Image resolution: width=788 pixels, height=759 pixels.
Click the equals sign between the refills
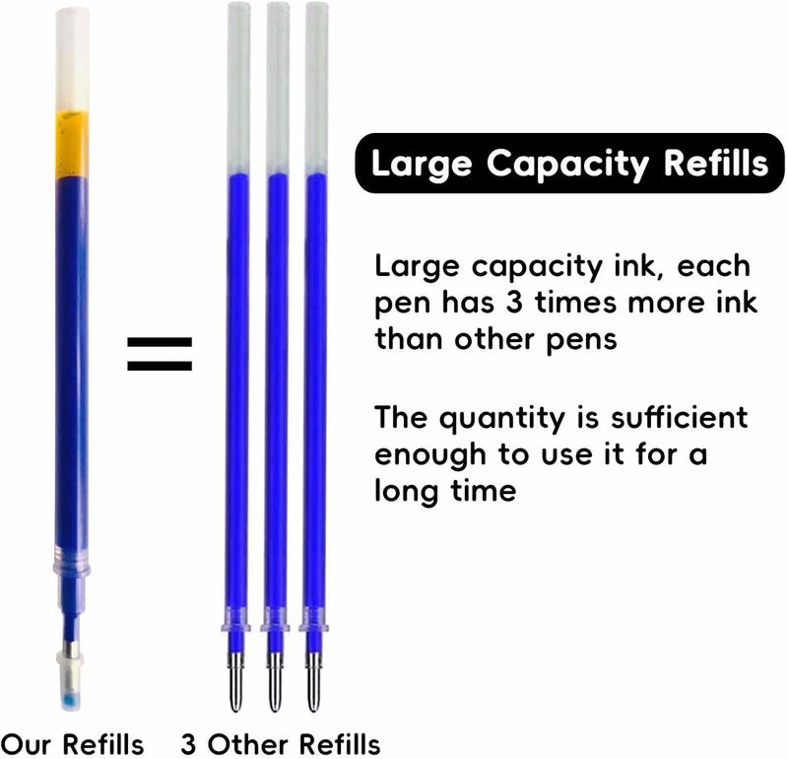coord(160,354)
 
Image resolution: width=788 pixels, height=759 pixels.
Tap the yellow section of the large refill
coord(72,144)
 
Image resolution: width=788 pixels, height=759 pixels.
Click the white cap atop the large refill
coord(72,59)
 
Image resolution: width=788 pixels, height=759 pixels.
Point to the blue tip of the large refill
coord(70,700)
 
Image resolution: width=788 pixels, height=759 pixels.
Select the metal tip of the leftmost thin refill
coord(235,682)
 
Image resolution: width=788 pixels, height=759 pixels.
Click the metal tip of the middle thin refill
coord(275,682)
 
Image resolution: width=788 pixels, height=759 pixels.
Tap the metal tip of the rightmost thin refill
coord(313,682)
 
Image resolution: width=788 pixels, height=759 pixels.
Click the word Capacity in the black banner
coord(568,165)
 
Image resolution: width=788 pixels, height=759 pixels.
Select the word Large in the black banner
coord(422,165)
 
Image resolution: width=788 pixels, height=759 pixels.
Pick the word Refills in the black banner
coord(716,163)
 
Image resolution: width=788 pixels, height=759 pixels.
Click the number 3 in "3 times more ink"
coord(513,303)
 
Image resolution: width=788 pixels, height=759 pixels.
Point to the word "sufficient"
coord(680,417)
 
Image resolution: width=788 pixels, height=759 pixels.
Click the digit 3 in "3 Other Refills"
coord(188,744)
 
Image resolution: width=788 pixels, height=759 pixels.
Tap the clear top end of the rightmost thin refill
coord(316,88)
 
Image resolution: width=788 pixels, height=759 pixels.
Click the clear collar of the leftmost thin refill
coord(235,619)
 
